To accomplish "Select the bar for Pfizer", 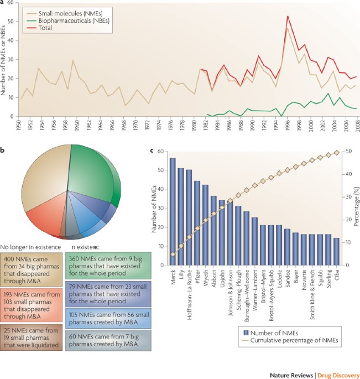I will pos(197,221).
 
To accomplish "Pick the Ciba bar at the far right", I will pos(337,250).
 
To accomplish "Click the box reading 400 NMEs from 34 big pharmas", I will pos(31,271).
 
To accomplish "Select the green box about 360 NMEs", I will pos(101,271).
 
